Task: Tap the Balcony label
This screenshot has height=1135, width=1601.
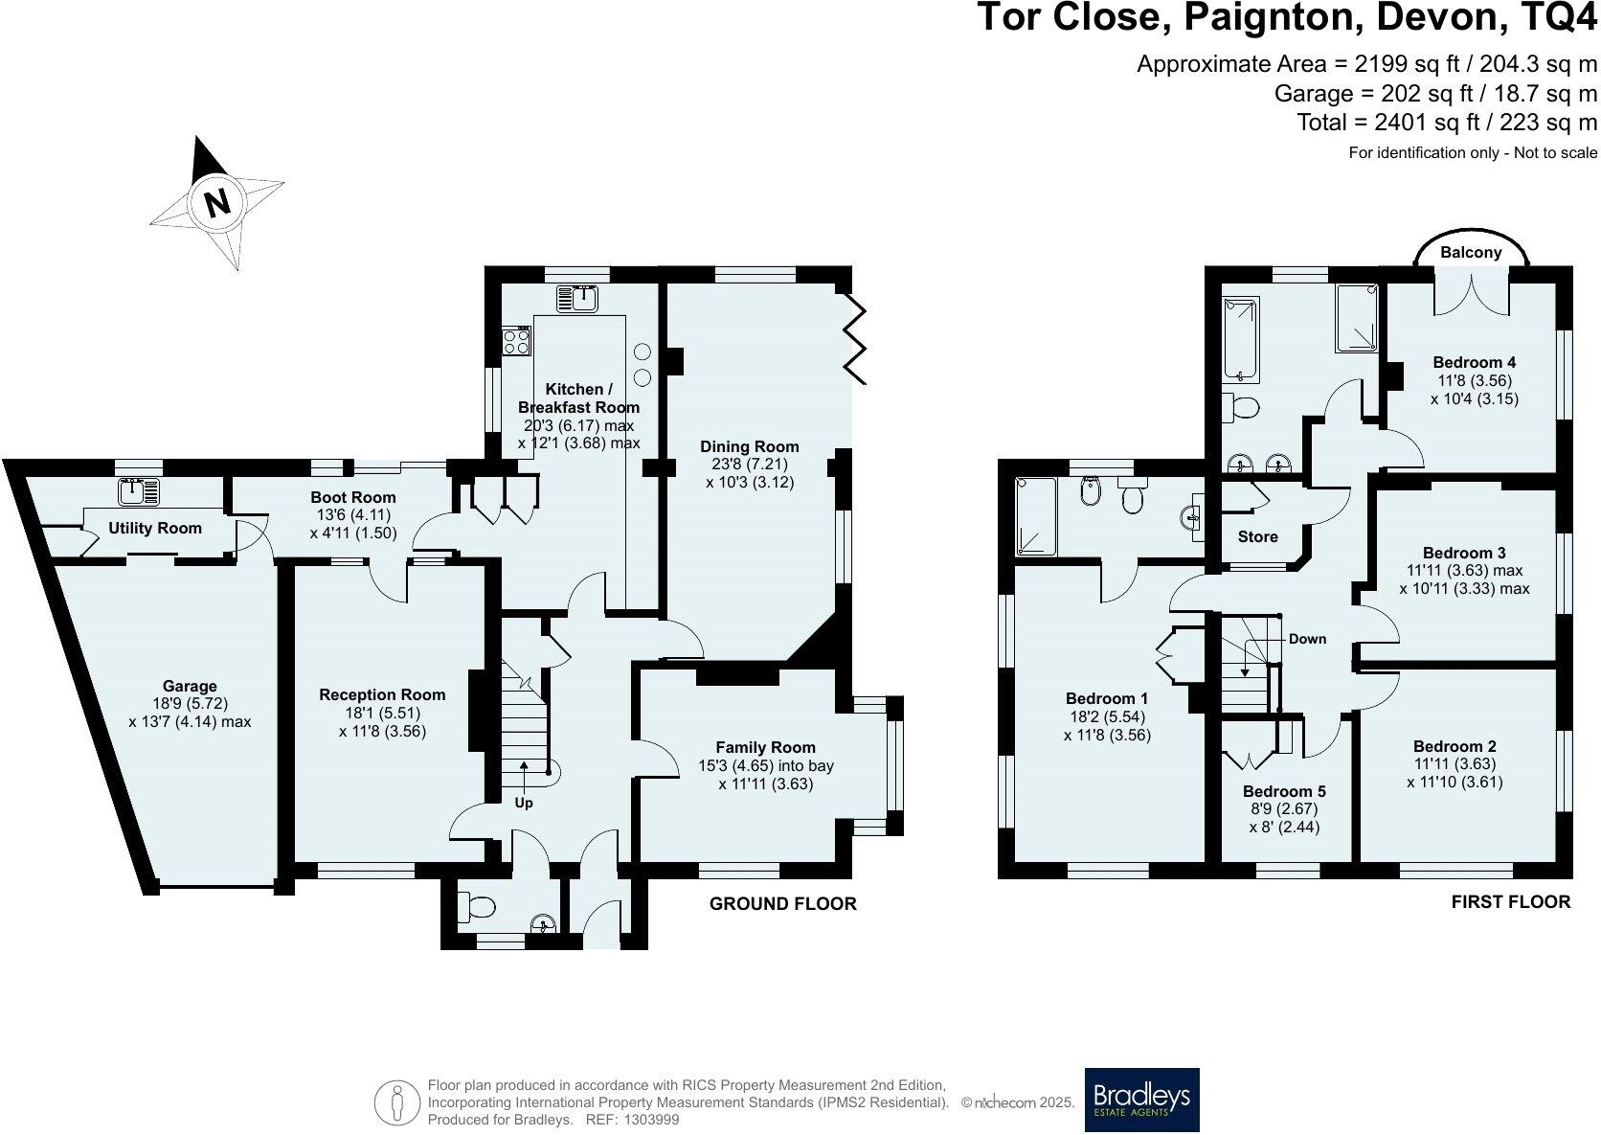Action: [1471, 252]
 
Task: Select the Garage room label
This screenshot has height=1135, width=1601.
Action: [190, 686]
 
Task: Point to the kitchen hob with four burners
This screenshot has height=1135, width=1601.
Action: [517, 341]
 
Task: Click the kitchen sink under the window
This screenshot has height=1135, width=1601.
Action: [579, 299]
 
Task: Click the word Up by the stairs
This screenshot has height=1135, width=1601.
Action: [524, 803]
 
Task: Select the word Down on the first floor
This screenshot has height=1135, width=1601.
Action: [1307, 639]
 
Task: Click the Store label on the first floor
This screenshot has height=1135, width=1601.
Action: [1257, 536]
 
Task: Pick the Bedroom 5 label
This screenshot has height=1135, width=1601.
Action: [1284, 791]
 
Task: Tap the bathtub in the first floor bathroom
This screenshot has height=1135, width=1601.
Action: [1241, 339]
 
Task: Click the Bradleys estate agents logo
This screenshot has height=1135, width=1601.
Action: [1141, 1100]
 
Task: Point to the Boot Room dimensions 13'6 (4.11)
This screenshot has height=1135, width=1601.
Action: [352, 515]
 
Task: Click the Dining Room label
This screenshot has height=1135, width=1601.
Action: [749, 446]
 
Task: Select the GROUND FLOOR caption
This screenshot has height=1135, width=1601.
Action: [782, 903]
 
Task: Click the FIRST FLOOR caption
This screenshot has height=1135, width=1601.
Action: [1510, 901]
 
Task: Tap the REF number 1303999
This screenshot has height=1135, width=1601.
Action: [651, 1119]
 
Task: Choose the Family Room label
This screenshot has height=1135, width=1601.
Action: [765, 747]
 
